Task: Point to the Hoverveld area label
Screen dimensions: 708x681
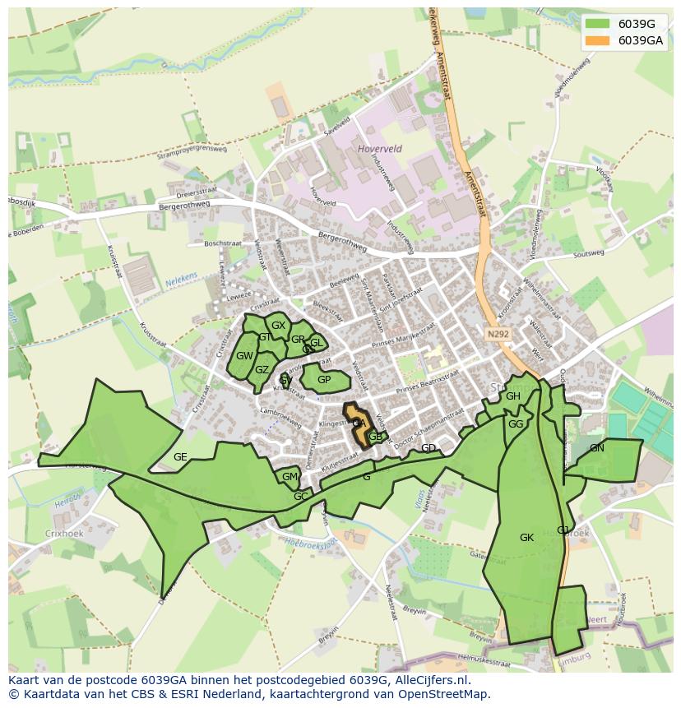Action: click(381, 149)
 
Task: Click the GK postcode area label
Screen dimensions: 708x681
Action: click(527, 538)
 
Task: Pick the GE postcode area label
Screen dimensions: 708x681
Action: click(180, 457)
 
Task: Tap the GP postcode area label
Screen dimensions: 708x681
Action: click(324, 380)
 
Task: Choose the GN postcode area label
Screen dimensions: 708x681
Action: click(597, 448)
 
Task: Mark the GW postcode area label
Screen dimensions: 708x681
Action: click(244, 356)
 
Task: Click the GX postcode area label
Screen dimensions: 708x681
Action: click(279, 326)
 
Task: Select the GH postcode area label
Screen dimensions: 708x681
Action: click(513, 396)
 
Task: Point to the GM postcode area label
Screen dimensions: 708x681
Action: click(290, 477)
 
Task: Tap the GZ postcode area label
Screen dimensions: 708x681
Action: click(262, 370)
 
